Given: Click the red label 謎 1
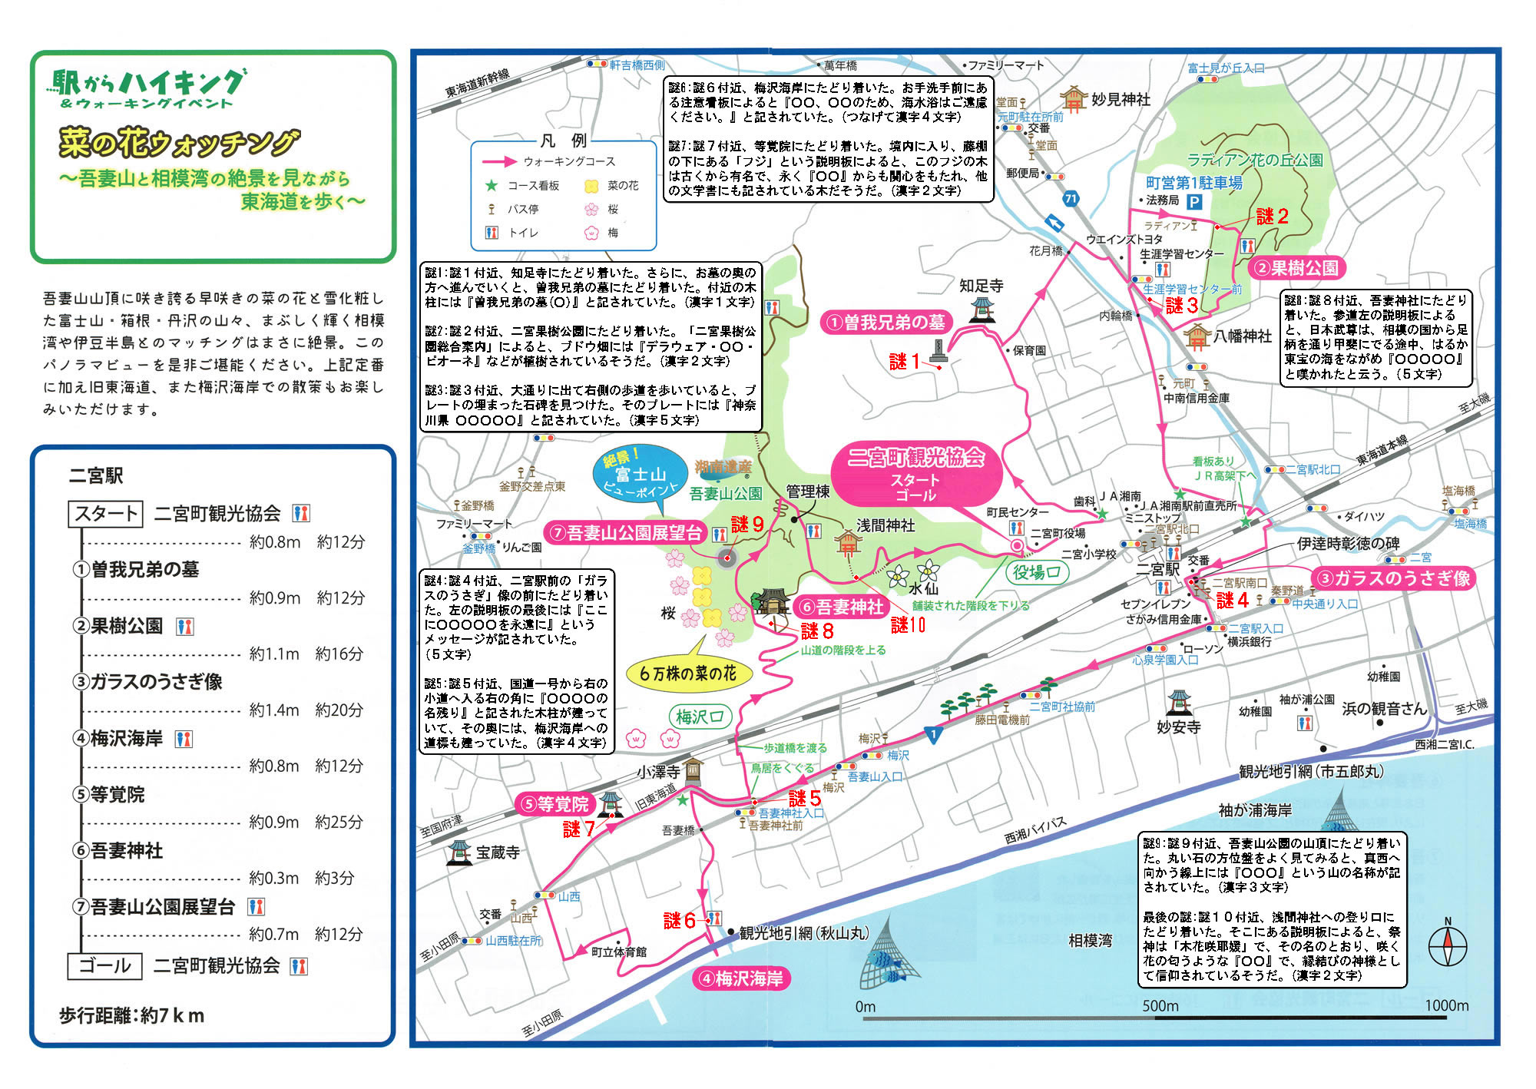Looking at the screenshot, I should tap(904, 362).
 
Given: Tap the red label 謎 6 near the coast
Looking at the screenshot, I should tap(679, 920).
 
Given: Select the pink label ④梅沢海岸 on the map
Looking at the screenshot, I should tap(742, 978).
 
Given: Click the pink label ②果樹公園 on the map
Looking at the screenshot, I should tap(1296, 268).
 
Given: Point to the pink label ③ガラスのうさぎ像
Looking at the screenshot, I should tap(1392, 578).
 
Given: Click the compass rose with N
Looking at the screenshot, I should tap(1448, 945).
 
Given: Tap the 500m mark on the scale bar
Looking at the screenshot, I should tap(1160, 1006).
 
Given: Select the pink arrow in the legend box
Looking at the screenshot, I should tap(499, 162).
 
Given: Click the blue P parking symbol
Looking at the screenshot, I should tap(1193, 202).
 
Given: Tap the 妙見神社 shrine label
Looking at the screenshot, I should tap(1121, 100).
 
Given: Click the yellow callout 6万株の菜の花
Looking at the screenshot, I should tap(688, 674).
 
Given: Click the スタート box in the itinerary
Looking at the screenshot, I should tap(105, 513).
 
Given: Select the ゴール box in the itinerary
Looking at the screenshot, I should tap(105, 965).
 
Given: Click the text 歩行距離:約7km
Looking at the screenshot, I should tap(132, 1015).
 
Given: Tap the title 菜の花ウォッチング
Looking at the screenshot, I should tap(178, 143).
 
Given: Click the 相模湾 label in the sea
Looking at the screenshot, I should tap(1090, 941).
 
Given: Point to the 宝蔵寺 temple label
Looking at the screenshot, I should tap(498, 852).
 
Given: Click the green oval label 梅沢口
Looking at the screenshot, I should tap(700, 717).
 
